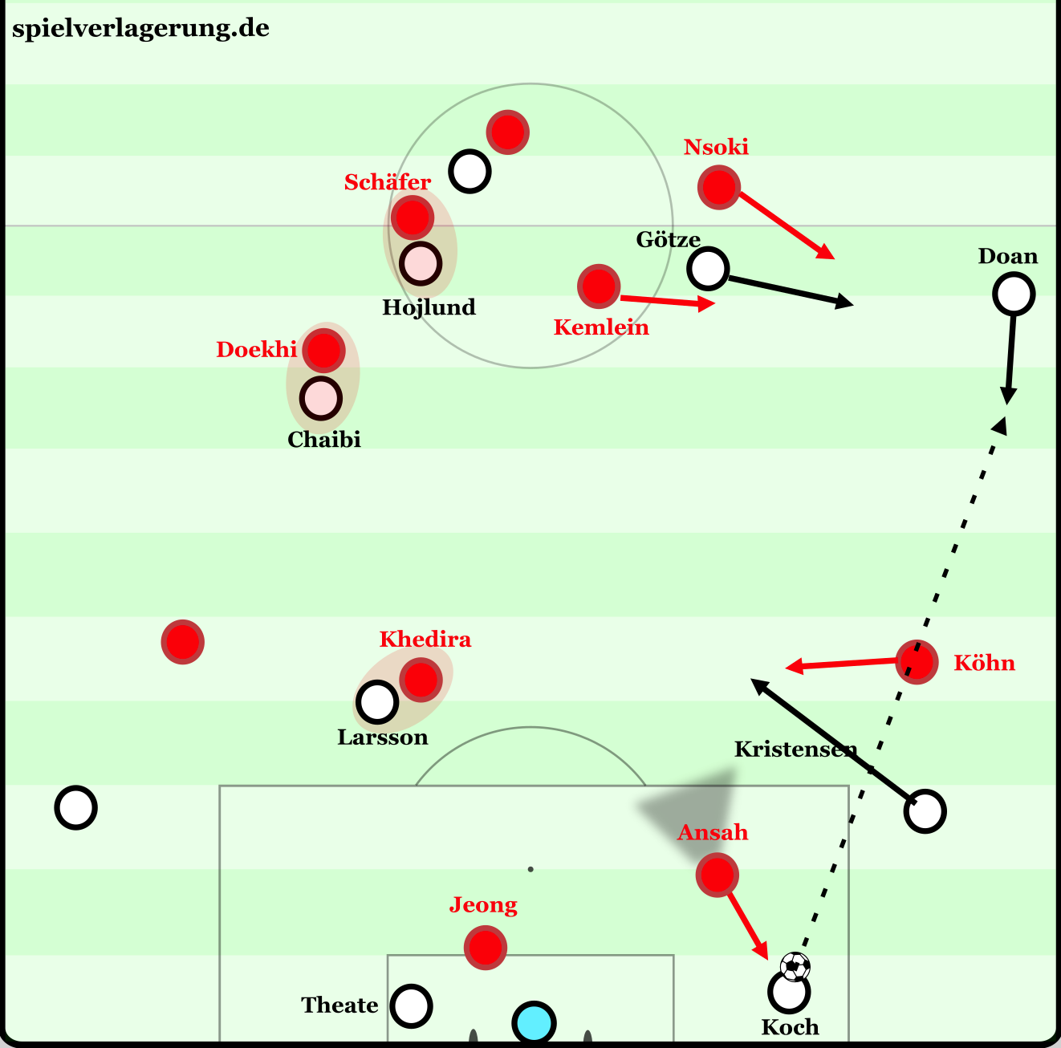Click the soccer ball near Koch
795,966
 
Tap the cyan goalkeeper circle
534,1023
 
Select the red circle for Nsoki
719,187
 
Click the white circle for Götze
708,268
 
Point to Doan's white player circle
1014,294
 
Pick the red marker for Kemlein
599,286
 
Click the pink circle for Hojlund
421,264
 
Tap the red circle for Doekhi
323,350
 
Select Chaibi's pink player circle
321,398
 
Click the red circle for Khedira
421,680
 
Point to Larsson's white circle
377,702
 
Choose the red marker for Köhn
917,662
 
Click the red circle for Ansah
717,875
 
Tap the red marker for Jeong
485,948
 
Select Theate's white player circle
411,1006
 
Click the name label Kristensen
795,749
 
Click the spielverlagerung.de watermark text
141,29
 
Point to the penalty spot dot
530,870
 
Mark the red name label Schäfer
388,181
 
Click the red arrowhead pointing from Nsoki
826,252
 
